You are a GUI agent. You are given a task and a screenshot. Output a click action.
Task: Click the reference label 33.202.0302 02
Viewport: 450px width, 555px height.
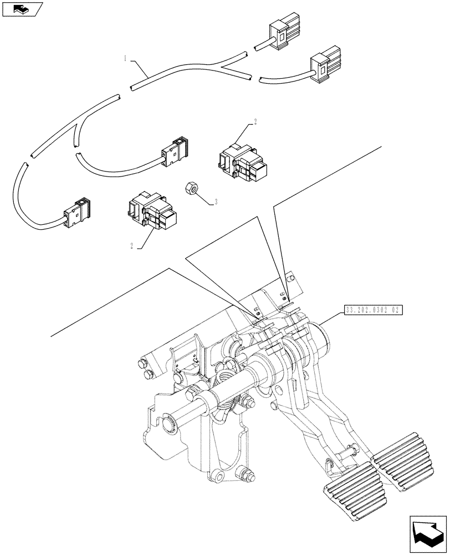pos(375,311)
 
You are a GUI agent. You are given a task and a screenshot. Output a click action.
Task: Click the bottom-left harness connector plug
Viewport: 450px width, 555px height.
pos(77,211)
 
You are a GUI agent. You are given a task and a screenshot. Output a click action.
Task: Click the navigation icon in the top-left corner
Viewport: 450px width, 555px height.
pos(22,9)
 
